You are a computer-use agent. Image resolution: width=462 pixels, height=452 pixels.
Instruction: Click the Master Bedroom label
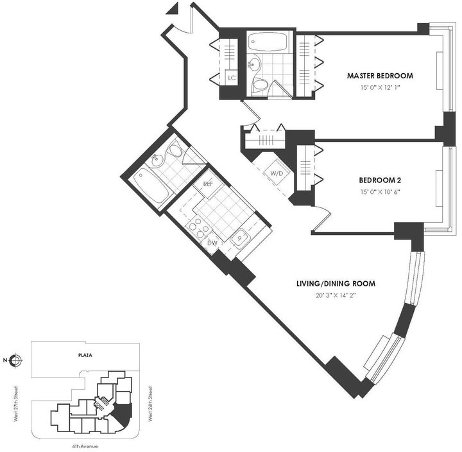pos(380,76)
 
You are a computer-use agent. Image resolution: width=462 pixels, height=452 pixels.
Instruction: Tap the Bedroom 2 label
pos(380,180)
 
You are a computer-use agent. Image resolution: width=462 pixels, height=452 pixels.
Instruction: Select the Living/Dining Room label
pos(336,284)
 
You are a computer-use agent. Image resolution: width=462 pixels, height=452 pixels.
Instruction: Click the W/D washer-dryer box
pos(277,173)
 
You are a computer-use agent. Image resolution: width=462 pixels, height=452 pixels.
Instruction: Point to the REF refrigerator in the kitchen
pos(208,184)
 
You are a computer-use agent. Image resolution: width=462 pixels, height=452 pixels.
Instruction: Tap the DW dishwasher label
pos(212,243)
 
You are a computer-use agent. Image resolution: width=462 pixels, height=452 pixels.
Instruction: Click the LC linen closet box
pos(232,78)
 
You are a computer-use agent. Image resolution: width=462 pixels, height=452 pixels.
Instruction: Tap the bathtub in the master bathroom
pos(267,42)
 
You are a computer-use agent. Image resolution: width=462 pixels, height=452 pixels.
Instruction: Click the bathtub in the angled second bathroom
pos(151,185)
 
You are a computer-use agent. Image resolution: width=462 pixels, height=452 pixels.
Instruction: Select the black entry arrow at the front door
pos(173,8)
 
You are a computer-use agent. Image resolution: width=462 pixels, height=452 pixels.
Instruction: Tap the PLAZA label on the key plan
pos(85,355)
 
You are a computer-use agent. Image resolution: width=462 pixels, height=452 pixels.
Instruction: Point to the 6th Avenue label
pos(85,446)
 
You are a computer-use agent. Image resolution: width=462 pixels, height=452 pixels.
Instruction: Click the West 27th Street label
pos(16,404)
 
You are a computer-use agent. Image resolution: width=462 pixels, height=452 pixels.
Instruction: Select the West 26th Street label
pos(150,404)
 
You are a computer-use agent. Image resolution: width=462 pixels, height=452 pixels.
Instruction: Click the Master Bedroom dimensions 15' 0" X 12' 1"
pos(380,87)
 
